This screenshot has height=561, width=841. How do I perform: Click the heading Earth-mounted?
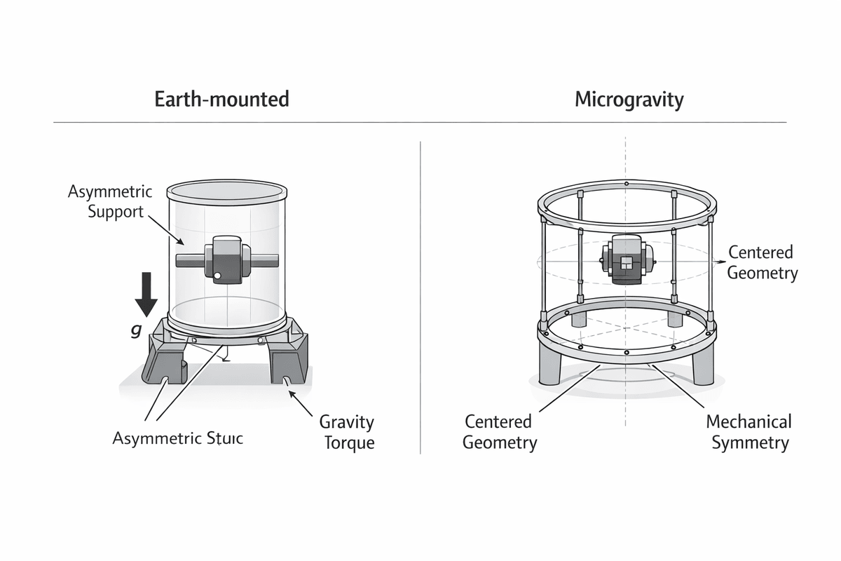click(x=221, y=99)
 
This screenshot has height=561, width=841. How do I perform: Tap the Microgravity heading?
click(x=629, y=99)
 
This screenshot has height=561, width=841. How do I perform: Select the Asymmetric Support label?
click(x=105, y=201)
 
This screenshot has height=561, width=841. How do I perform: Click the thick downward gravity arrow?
click(x=146, y=294)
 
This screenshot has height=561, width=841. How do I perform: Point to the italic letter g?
click(x=136, y=330)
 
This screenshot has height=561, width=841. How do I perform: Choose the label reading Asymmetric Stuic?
click(x=177, y=439)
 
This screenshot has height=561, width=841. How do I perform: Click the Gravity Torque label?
click(x=347, y=433)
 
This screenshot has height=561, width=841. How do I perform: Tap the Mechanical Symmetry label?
click(x=748, y=432)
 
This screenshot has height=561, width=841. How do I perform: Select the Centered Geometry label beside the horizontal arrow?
click(x=762, y=262)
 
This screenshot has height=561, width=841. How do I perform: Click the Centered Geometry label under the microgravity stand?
click(x=500, y=432)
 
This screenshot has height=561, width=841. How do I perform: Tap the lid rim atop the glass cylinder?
click(x=227, y=190)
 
